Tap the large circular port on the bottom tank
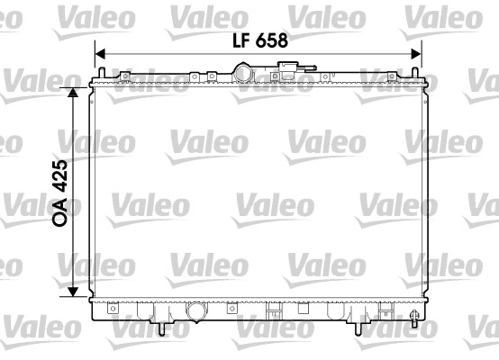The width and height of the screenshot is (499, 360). [x=196, y=311]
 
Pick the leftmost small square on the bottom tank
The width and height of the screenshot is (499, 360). [x=113, y=309]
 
